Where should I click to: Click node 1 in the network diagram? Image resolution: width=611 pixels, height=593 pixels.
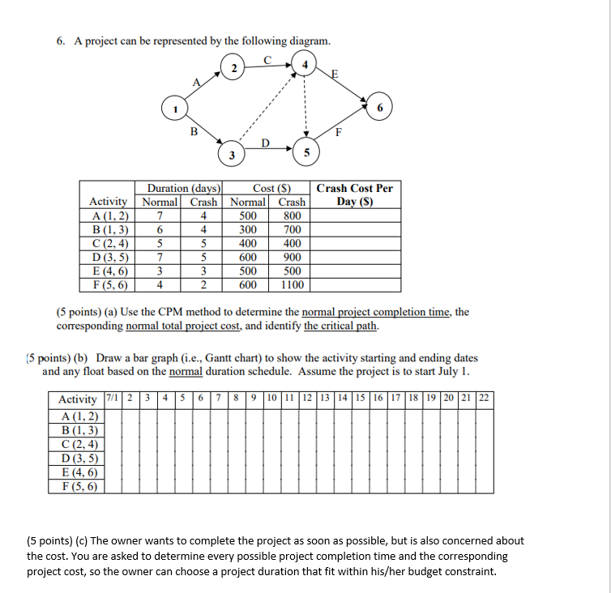click(x=172, y=107)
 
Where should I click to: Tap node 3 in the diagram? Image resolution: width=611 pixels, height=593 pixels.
click(x=232, y=155)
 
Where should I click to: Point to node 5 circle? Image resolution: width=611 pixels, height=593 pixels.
click(x=305, y=153)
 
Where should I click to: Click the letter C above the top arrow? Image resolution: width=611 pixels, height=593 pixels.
click(x=268, y=57)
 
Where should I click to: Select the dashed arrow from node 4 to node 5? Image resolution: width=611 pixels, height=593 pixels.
click(x=305, y=105)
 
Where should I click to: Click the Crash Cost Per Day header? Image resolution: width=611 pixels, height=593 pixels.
click(x=354, y=194)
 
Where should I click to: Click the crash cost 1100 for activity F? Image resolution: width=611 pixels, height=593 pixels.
click(x=293, y=284)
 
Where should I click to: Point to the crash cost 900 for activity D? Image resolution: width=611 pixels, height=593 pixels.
click(x=293, y=257)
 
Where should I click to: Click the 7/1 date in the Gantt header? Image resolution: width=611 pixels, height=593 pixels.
click(x=112, y=399)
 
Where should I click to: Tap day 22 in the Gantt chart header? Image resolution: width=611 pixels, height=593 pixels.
click(x=484, y=399)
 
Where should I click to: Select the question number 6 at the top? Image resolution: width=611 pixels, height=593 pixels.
click(x=60, y=41)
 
